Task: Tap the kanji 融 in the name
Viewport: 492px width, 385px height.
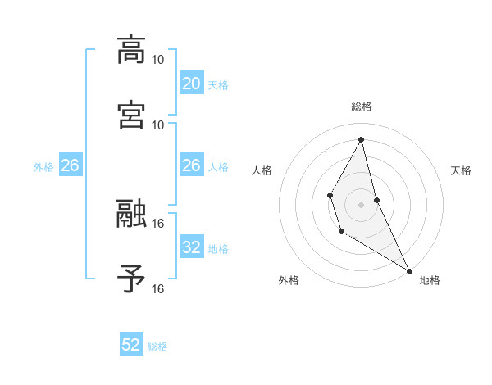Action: [132, 212]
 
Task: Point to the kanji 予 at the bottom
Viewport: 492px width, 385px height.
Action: [132, 278]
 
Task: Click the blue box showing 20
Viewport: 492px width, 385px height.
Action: [192, 83]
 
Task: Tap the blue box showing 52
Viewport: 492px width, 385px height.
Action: [131, 345]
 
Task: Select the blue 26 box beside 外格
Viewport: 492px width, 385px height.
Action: [70, 165]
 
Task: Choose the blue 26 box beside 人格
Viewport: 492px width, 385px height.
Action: [192, 165]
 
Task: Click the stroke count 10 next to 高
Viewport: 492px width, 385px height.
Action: [158, 59]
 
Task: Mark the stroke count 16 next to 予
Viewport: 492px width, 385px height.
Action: [158, 288]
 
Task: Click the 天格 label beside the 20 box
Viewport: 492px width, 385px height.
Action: [218, 84]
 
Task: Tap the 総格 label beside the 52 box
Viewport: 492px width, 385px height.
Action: [157, 346]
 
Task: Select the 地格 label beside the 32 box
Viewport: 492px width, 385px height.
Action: [218, 248]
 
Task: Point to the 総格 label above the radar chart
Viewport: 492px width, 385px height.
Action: [362, 106]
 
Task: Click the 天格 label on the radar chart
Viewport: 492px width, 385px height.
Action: [461, 170]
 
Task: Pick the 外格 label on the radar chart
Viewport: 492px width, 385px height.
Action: [289, 280]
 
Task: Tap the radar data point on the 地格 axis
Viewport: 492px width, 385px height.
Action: [409, 270]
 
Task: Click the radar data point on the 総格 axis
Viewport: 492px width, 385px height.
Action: [362, 138]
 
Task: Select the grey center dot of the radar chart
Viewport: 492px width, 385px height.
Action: [362, 204]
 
